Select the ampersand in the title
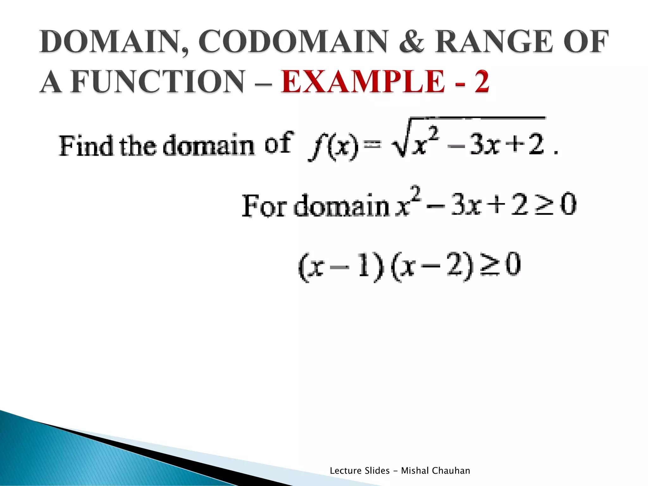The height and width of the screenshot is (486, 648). pyautogui.click(x=412, y=42)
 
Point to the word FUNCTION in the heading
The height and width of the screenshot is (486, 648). pyautogui.click(x=158, y=82)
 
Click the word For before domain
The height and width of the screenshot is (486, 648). pyautogui.click(x=265, y=206)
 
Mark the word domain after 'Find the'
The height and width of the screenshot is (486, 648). pyautogui.click(x=209, y=146)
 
